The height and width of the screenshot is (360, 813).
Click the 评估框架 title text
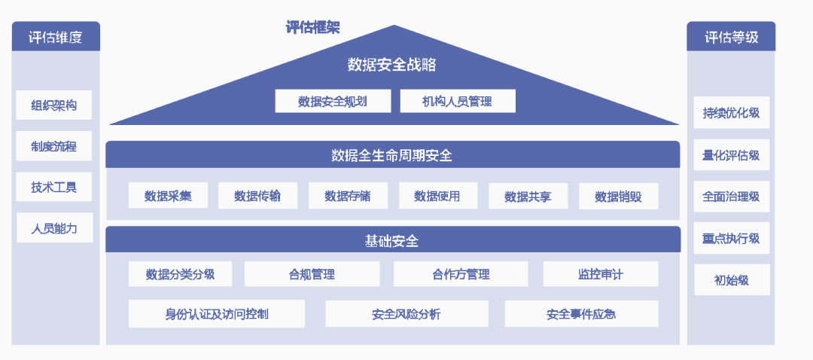[x=312, y=27]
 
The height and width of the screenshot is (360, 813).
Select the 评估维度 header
[x=56, y=36]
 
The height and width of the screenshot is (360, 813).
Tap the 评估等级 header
[x=731, y=36]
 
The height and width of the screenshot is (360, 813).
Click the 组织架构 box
[x=54, y=105]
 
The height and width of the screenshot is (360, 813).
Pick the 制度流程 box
[x=54, y=146]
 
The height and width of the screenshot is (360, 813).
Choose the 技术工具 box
[x=54, y=187]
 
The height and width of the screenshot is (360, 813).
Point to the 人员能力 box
[x=54, y=227]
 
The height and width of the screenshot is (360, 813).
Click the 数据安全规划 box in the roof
[x=333, y=101]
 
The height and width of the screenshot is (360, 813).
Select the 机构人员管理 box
[x=458, y=101]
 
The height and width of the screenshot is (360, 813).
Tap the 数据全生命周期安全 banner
[x=392, y=154]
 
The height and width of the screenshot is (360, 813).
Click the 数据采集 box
[x=168, y=196]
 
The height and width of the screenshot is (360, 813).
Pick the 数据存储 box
[x=348, y=196]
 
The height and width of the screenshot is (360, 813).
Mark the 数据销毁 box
[x=619, y=196]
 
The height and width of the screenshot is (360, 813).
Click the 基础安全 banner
[x=392, y=239]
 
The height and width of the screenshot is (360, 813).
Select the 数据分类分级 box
[x=180, y=274]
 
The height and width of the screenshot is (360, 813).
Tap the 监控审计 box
[x=601, y=274]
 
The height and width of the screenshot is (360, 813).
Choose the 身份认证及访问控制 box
[x=217, y=314]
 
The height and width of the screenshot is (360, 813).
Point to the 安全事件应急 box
[x=581, y=314]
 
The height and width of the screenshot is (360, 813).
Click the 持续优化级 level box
[x=732, y=112]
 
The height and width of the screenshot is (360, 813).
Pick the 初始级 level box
[x=732, y=279]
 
